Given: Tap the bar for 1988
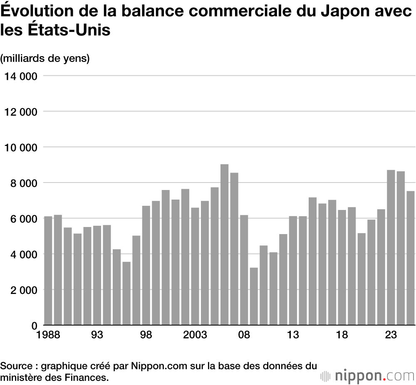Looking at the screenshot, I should pyautogui.click(x=48, y=271).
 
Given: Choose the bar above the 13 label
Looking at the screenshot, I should pyautogui.click(x=293, y=271).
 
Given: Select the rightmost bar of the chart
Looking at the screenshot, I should pyautogui.click(x=411, y=258).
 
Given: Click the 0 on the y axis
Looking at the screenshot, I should pyautogui.click(x=35, y=325).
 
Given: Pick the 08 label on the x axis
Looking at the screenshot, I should pyautogui.click(x=244, y=335).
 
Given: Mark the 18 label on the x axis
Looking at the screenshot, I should pyautogui.click(x=342, y=335).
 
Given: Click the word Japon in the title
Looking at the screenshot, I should pyautogui.click(x=347, y=12).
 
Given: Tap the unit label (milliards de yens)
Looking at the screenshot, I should pyautogui.click(x=45, y=59).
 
